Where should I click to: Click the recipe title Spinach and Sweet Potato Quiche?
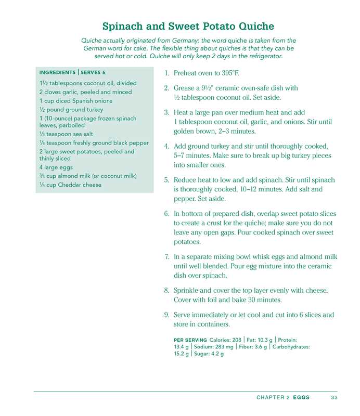coord(188,27)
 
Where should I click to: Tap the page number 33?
coord(334,397)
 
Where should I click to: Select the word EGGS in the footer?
coord(301,397)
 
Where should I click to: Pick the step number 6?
coord(166,214)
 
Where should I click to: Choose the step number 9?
coord(166,315)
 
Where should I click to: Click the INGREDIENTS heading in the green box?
coord(57,72)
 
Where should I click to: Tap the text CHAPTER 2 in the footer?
coord(273,397)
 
